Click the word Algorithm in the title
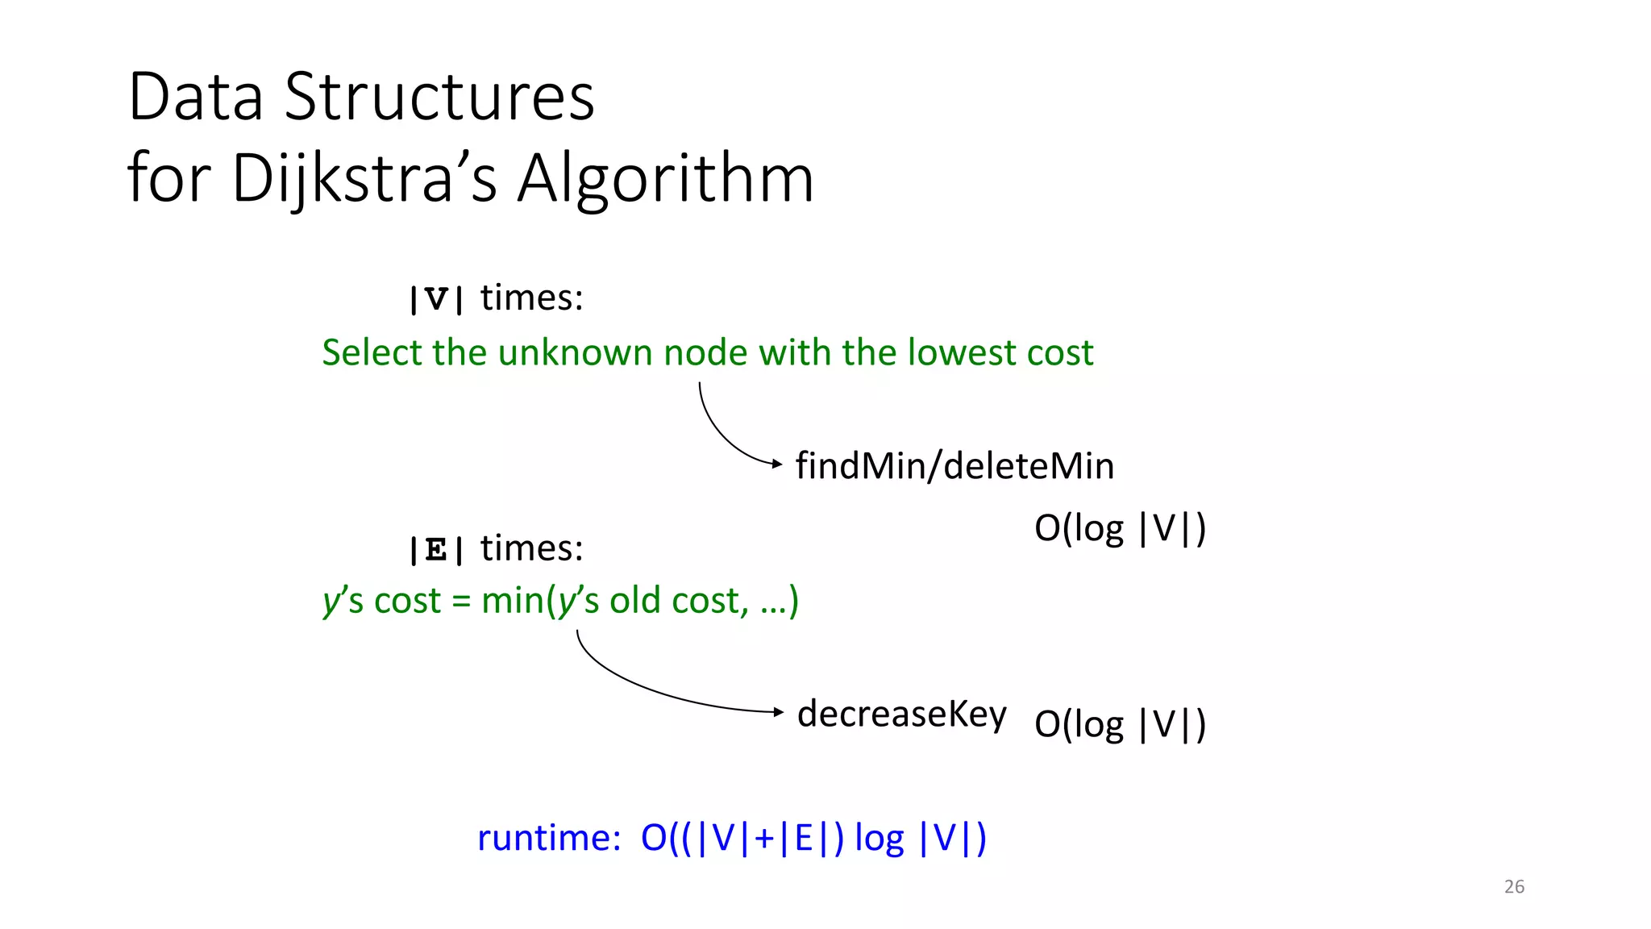(x=666, y=179)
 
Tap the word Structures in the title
(x=439, y=97)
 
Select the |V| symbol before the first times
(x=436, y=300)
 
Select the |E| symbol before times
(x=436, y=550)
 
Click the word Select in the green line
(x=372, y=352)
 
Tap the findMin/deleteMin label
(x=954, y=466)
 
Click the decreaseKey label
(x=902, y=714)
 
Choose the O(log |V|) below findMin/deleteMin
(x=1120, y=529)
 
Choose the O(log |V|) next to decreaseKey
(x=1120, y=724)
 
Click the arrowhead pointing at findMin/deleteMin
(x=777, y=464)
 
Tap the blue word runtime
(x=548, y=838)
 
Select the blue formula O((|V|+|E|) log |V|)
(x=813, y=838)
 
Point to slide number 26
(x=1514, y=886)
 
